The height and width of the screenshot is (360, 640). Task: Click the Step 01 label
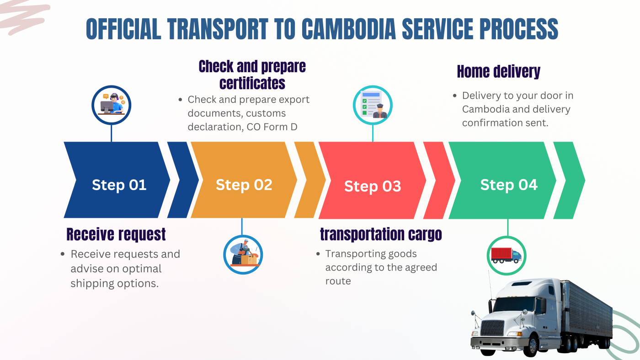click(x=119, y=185)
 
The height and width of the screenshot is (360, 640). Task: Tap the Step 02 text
click(x=244, y=185)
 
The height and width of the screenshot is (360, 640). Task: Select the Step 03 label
click(x=373, y=186)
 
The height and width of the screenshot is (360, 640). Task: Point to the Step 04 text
click(x=509, y=185)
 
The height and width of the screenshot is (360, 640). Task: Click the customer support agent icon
click(x=112, y=105)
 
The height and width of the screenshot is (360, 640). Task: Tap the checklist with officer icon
click(x=373, y=105)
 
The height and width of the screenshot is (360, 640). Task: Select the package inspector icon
click(x=243, y=254)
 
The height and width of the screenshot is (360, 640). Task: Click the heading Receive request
click(x=116, y=234)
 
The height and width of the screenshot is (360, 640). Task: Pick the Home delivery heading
click(x=499, y=71)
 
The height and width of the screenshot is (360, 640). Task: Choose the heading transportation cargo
click(x=381, y=234)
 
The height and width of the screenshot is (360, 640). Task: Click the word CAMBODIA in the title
click(x=349, y=29)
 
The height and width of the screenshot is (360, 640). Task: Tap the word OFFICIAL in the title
click(x=123, y=29)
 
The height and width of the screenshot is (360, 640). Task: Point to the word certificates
click(x=252, y=83)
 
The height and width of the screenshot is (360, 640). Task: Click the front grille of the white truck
click(x=492, y=328)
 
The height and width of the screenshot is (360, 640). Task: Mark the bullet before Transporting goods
click(x=318, y=254)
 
